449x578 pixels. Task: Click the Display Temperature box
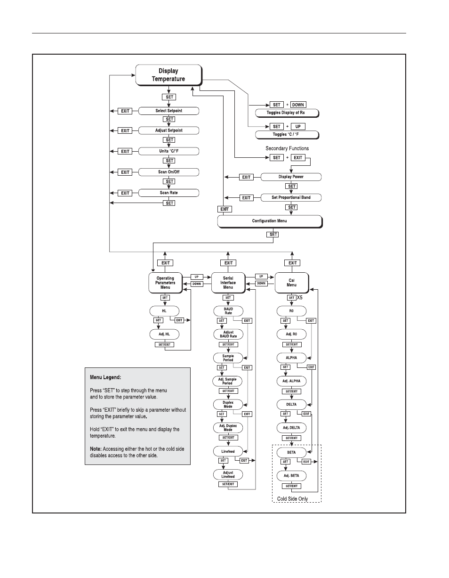(168, 75)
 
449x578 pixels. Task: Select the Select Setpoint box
(168, 111)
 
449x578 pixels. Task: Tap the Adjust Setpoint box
(168, 130)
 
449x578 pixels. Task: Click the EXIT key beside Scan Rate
(125, 193)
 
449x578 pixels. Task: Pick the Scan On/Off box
(168, 172)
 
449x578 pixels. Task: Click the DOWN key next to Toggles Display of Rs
(298, 105)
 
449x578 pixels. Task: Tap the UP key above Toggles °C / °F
(298, 127)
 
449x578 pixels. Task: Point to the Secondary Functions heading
(287, 148)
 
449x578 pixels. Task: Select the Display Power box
(291, 177)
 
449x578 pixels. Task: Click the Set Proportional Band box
(291, 198)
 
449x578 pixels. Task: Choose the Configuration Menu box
(270, 221)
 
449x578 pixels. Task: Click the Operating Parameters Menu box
(166, 283)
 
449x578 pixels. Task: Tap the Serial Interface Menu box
(228, 283)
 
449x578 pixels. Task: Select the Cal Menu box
(292, 283)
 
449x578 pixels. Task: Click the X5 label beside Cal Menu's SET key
(300, 298)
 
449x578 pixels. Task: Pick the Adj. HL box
(164, 334)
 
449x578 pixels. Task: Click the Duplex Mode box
(228, 405)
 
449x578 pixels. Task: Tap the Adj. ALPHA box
(291, 381)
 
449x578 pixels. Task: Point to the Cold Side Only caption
(292, 499)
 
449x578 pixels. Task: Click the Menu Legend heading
(105, 377)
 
